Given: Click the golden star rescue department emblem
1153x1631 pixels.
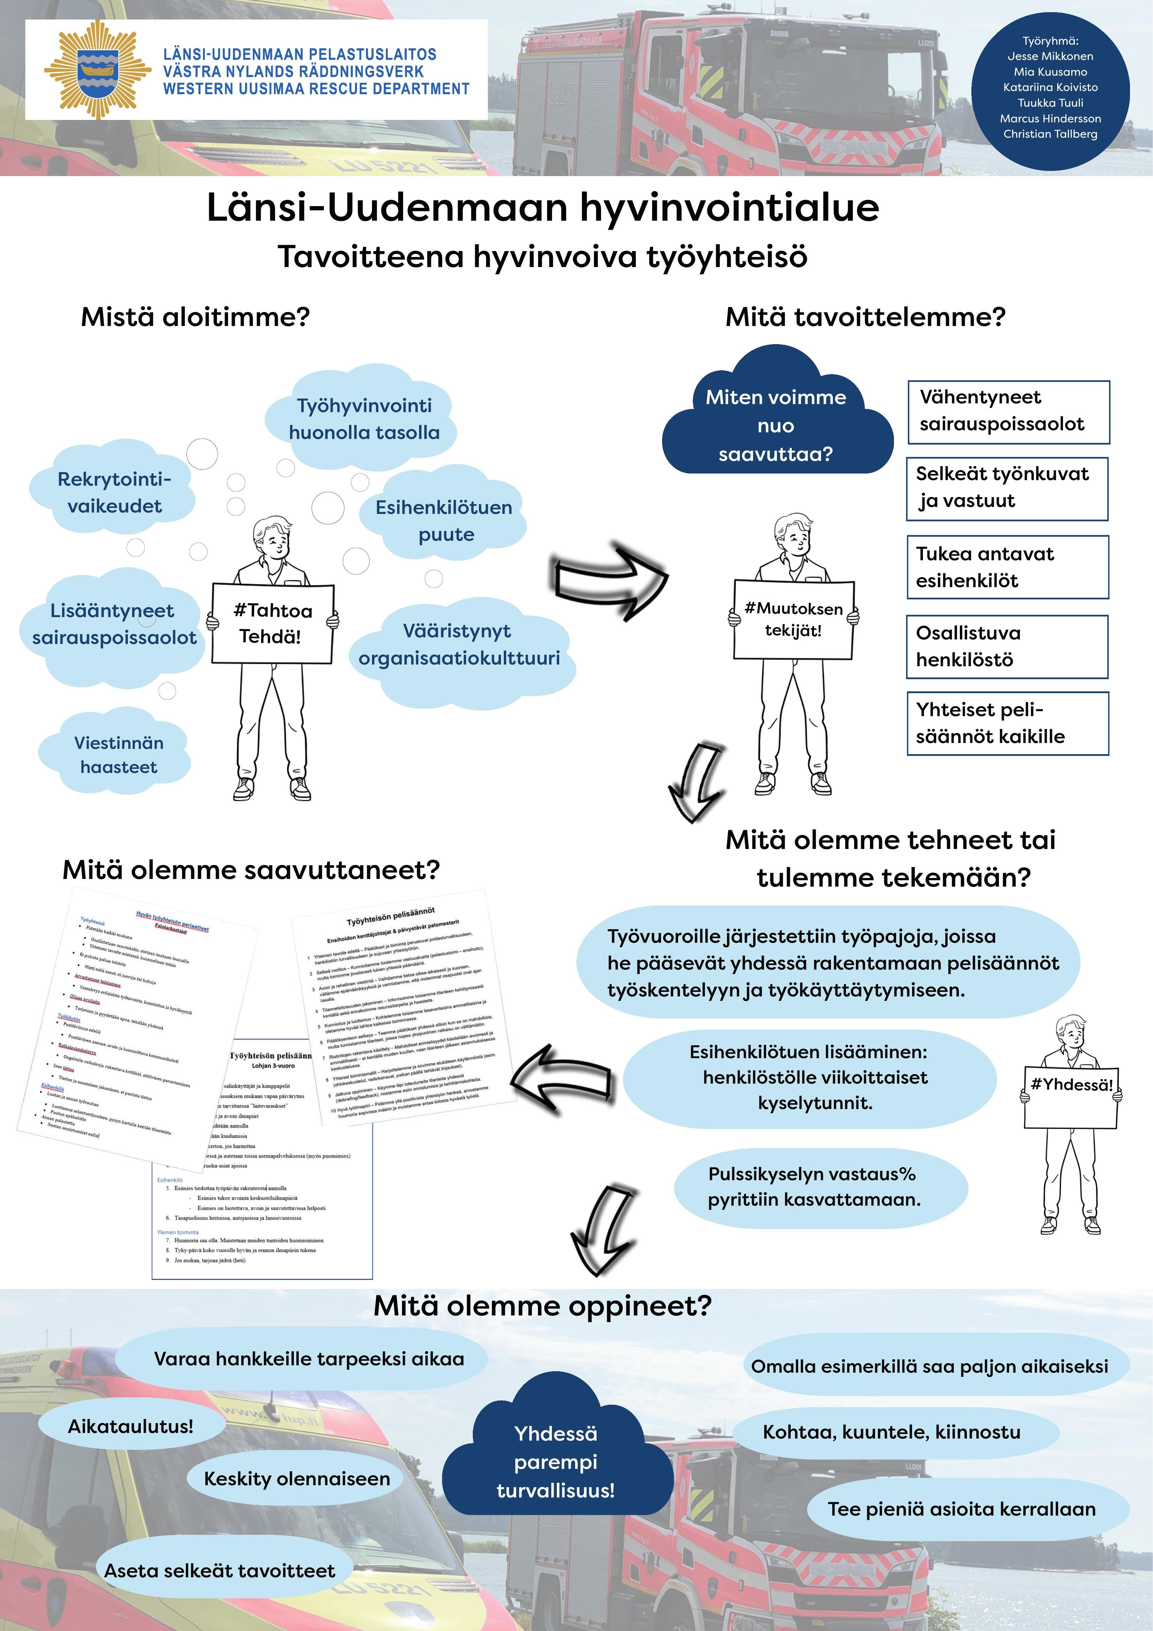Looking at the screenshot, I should coord(97,70).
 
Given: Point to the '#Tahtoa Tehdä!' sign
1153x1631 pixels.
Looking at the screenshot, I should coord(272,623).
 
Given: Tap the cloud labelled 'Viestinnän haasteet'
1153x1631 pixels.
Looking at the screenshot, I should coord(119,754).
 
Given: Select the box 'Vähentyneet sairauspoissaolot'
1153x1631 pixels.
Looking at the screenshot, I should coord(1008,411).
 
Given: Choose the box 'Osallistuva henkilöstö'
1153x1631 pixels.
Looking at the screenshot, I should coord(1007,646).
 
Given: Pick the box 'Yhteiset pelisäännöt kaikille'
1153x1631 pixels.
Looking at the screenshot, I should coord(1007,723).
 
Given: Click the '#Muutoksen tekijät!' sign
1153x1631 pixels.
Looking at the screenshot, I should coord(793,619).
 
